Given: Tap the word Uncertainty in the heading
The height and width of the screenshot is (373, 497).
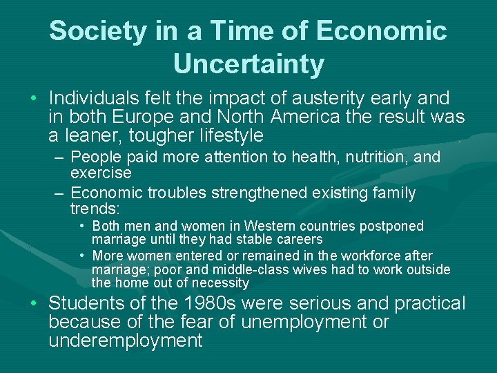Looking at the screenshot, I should click(x=248, y=64).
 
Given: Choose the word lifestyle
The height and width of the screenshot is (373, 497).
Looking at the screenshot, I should click(x=223, y=135).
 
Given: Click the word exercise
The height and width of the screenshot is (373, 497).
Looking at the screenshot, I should click(x=101, y=172).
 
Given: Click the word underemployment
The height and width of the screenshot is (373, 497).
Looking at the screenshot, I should click(x=126, y=341).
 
